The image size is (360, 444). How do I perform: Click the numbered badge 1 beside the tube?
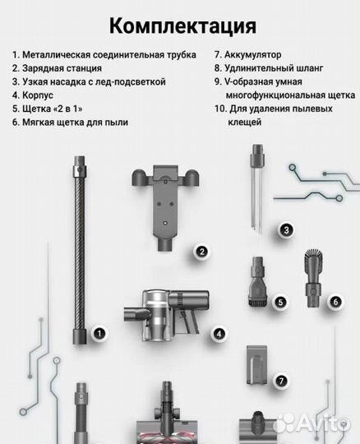99,334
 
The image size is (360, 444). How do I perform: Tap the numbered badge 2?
200,253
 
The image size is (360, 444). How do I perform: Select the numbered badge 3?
285,230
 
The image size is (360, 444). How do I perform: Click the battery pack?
257,368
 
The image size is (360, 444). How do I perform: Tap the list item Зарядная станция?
62,68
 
